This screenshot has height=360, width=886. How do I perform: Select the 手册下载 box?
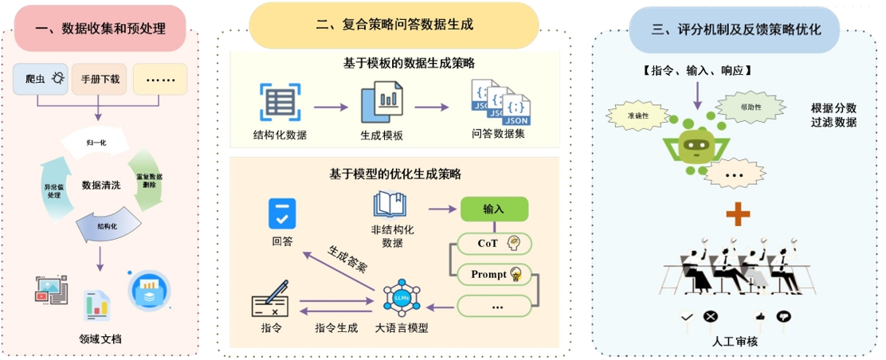[x=100, y=79]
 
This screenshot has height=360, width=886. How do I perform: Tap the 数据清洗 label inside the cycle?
[x=101, y=185]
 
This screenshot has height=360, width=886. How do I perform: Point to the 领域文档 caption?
[x=100, y=338]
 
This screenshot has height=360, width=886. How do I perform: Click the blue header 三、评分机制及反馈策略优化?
[x=735, y=29]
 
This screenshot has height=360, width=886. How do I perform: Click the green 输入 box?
[x=494, y=209]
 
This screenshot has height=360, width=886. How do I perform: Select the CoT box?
[x=494, y=242]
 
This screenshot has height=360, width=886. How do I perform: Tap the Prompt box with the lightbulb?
[x=494, y=274]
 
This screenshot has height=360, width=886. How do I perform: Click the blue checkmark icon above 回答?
[x=281, y=213]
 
